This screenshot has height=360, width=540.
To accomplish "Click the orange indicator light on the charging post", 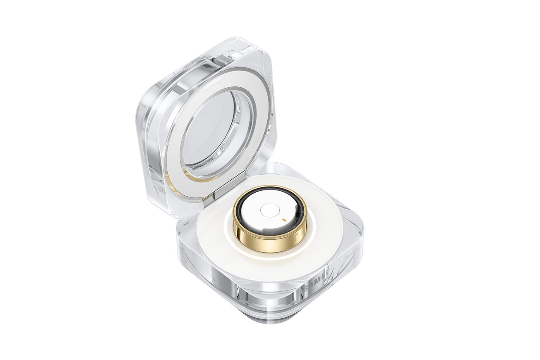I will (283, 219).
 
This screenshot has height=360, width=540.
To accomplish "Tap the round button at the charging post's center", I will (269, 210).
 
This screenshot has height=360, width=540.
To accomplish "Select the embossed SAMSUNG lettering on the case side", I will (317, 283).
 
